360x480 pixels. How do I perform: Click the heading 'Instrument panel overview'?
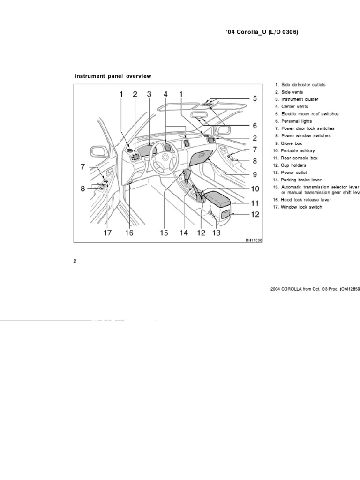click(x=113, y=76)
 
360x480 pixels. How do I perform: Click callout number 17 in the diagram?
click(x=107, y=232)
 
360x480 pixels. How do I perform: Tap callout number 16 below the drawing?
click(x=129, y=232)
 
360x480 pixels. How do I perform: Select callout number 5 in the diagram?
click(x=255, y=99)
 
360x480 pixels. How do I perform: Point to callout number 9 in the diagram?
click(x=255, y=175)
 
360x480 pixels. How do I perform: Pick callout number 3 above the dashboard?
click(x=149, y=94)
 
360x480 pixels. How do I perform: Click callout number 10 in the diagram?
click(x=255, y=189)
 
